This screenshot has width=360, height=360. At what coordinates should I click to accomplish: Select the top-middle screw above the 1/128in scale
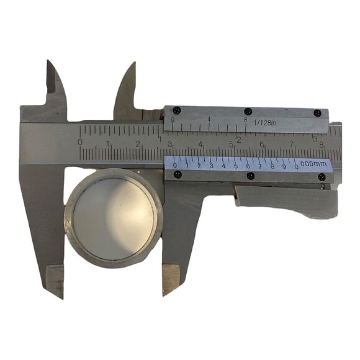tap(248, 111)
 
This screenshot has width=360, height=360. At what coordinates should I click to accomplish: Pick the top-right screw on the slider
tap(318, 113)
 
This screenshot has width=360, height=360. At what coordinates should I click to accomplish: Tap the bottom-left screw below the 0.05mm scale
tap(178, 174)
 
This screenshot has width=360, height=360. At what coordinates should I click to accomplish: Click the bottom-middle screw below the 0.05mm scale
tap(250, 176)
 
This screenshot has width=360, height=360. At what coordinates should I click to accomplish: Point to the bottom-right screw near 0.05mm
tap(322, 177)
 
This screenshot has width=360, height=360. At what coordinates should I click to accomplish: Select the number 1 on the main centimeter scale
tap(109, 143)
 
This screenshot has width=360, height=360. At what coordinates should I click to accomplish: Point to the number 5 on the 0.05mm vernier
tap(236, 165)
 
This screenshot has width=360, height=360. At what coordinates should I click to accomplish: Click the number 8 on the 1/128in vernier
tap(246, 120)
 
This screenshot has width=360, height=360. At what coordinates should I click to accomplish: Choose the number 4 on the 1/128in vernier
tap(209, 119)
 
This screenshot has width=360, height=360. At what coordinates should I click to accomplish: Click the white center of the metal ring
tap(114, 216)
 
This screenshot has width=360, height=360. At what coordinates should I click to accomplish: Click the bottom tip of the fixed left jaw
tap(61, 295)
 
